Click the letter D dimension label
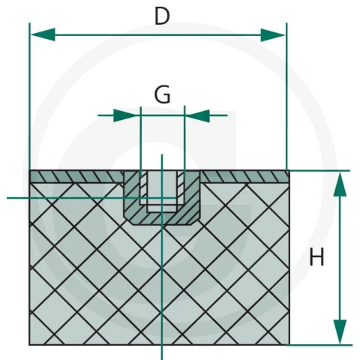[x=162, y=16]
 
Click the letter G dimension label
[x=163, y=94]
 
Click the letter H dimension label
[x=316, y=256]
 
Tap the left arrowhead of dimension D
[x=43, y=34]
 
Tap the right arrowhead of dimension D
[x=272, y=34]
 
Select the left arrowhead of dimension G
[x=126, y=115]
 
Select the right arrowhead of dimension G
[x=198, y=115]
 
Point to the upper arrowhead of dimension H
[x=340, y=184]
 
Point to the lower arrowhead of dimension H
[x=340, y=331]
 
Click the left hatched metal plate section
[x=76, y=176]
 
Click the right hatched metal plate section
[x=245, y=176]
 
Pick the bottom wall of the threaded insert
[x=162, y=219]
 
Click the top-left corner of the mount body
[x=29, y=170]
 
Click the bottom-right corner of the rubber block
[x=289, y=345]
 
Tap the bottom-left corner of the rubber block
[x=29, y=345]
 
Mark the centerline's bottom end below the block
[x=162, y=359]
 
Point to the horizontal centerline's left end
[x=7, y=198]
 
